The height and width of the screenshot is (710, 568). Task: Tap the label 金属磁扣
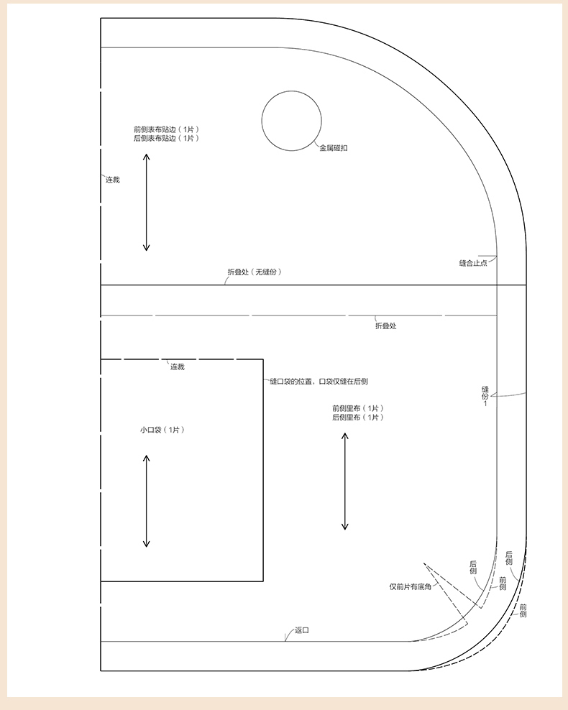click(334, 148)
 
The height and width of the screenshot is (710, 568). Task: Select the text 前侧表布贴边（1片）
click(166, 129)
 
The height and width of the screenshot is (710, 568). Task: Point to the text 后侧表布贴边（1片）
click(166, 138)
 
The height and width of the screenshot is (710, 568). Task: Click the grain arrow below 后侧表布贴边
click(146, 202)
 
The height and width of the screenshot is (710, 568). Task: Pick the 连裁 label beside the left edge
click(113, 180)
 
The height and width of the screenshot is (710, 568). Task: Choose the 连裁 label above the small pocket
click(178, 366)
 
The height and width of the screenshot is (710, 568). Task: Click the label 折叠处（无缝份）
click(255, 272)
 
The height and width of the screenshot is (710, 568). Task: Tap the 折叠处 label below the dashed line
click(386, 326)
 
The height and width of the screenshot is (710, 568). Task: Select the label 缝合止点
click(473, 263)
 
